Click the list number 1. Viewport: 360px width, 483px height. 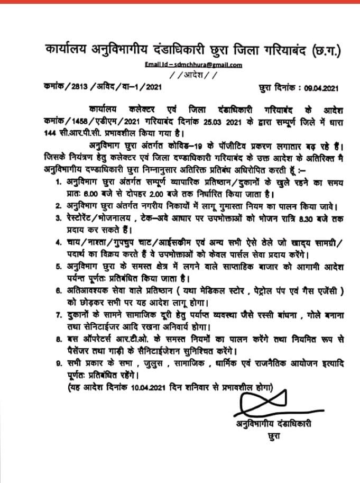pos(59,182)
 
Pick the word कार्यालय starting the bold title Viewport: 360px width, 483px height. pos(67,50)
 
